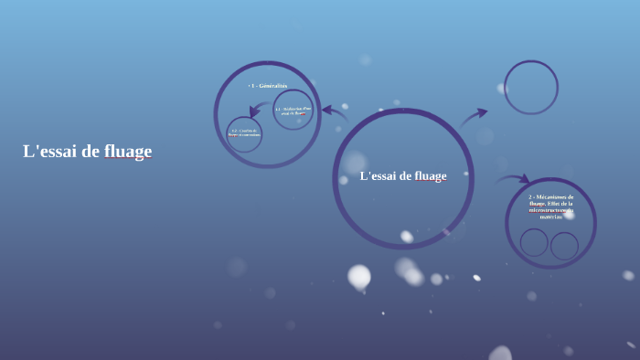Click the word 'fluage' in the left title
[128, 152]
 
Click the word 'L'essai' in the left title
[49, 152]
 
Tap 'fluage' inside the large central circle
[430, 176]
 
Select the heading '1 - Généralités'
[268, 86]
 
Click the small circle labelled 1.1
[293, 110]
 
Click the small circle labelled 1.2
[244, 133]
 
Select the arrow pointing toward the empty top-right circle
[474, 116]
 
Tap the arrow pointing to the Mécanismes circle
[513, 179]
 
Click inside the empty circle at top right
[530, 88]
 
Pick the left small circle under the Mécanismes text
[534, 242]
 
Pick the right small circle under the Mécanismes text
[564, 245]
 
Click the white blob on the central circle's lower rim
[406, 237]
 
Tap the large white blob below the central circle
[359, 275]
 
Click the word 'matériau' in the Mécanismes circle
[551, 217]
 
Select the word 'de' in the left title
[90, 152]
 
